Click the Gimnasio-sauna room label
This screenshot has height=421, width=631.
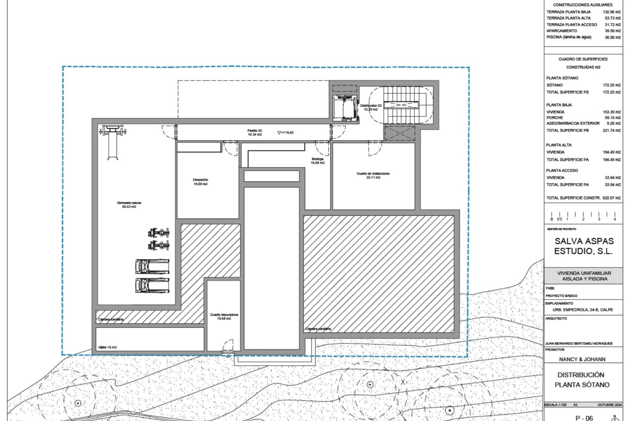point(129,205)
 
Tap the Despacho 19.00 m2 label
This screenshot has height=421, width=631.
point(200,182)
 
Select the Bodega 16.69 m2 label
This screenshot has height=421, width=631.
point(317,161)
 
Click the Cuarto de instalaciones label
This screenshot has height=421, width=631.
point(373,175)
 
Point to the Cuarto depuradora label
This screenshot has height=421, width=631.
point(224,316)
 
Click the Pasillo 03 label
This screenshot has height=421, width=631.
point(254,133)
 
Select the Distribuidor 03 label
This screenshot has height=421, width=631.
point(371,108)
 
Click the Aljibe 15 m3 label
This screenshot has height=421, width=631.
point(107,347)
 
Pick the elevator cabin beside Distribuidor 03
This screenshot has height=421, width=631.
point(344,108)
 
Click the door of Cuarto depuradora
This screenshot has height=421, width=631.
point(228,346)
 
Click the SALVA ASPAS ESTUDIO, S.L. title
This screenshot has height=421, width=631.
point(584,246)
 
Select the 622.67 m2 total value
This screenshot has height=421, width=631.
point(612,198)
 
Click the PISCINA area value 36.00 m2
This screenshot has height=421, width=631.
point(613,37)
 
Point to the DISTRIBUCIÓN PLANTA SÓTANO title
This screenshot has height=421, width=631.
point(582,380)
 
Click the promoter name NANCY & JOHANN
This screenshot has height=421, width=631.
point(582,359)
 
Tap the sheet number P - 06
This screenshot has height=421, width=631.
point(584,418)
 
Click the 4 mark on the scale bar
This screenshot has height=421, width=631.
point(615,219)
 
